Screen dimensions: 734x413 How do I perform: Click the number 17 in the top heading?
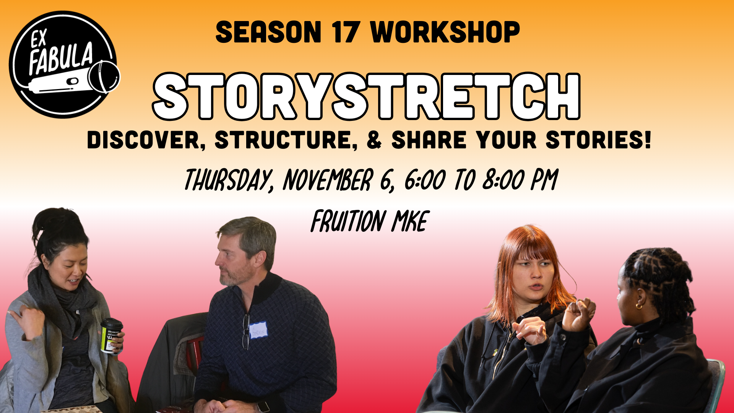click(x=346, y=32)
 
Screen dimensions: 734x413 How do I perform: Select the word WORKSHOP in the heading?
click(x=445, y=32)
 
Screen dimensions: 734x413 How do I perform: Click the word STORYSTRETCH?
click(x=367, y=96)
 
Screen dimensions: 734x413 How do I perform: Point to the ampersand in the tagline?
click(x=374, y=140)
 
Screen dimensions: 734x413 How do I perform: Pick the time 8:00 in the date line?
click(x=503, y=179)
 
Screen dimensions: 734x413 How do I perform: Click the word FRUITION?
click(x=348, y=221)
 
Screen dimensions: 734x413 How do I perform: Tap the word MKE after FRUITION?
click(x=410, y=221)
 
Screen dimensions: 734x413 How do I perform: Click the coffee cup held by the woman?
click(x=111, y=335)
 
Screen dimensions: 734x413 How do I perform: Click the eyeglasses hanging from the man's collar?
click(x=246, y=332)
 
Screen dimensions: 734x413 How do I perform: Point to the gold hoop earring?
click(x=639, y=306)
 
